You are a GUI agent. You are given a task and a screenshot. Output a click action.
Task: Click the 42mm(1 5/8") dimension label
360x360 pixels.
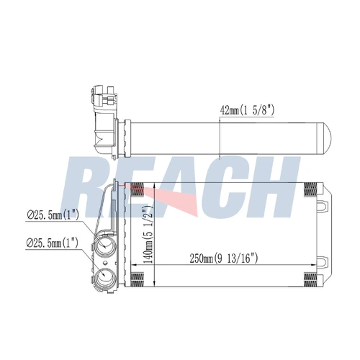pos(247,110)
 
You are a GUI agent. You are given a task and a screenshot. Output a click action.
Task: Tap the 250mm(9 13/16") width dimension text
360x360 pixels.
pos(223,258)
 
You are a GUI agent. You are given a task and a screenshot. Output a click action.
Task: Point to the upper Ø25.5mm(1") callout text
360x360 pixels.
pos(53,215)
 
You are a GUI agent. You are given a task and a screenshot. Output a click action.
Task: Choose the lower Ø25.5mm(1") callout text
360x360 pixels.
pos(53,243)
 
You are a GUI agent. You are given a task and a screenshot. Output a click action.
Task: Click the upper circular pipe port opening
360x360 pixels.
pos(105,246)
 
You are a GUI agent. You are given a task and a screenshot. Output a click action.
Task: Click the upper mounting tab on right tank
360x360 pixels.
pos(323,204)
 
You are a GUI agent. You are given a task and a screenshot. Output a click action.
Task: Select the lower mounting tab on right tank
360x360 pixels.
pos(323,261)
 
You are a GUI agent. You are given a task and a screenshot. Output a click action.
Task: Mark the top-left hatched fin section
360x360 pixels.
pos(137,189)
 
